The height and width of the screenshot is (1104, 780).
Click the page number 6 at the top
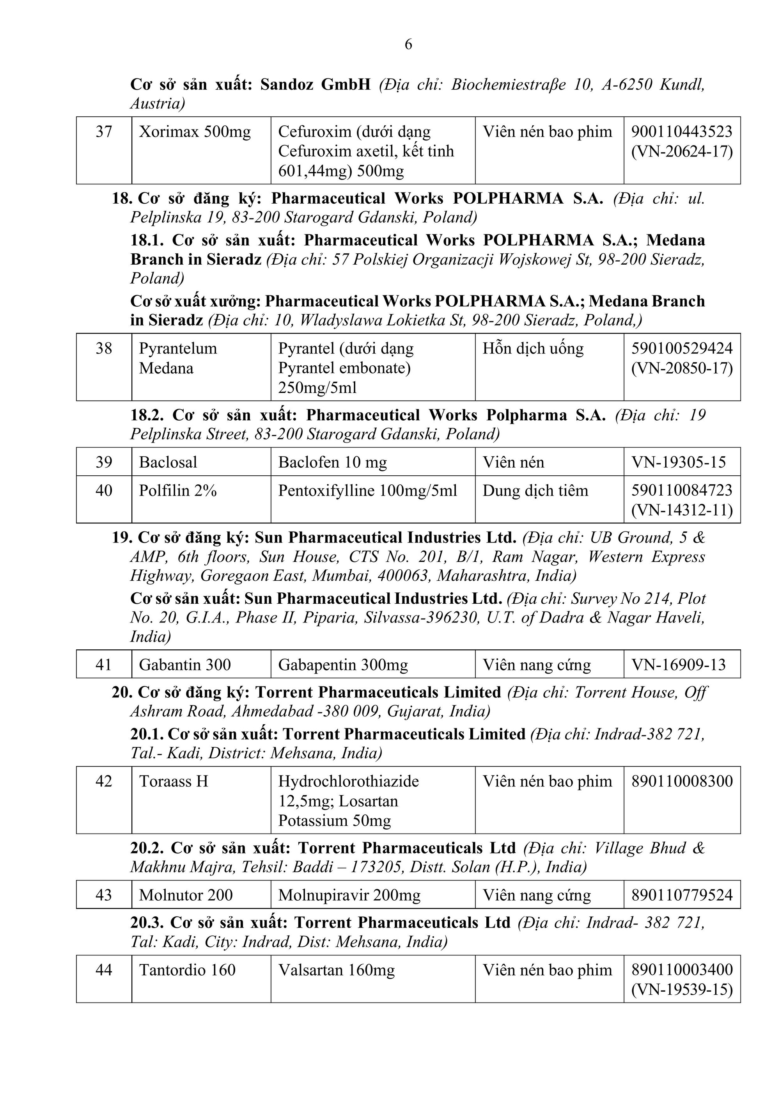(408, 45)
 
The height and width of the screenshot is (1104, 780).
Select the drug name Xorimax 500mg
(195, 132)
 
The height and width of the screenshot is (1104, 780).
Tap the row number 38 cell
(104, 348)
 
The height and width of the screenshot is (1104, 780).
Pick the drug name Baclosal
(168, 462)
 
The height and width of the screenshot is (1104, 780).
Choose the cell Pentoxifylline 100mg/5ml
(367, 491)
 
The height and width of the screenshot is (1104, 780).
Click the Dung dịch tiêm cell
(535, 491)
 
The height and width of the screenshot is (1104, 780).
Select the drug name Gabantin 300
(184, 665)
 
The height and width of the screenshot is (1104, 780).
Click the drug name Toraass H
(174, 781)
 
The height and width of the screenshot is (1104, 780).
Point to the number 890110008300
(681, 781)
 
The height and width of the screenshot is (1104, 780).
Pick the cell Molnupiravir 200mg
(349, 895)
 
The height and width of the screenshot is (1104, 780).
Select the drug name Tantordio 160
(187, 970)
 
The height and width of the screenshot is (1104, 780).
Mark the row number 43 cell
(104, 895)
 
